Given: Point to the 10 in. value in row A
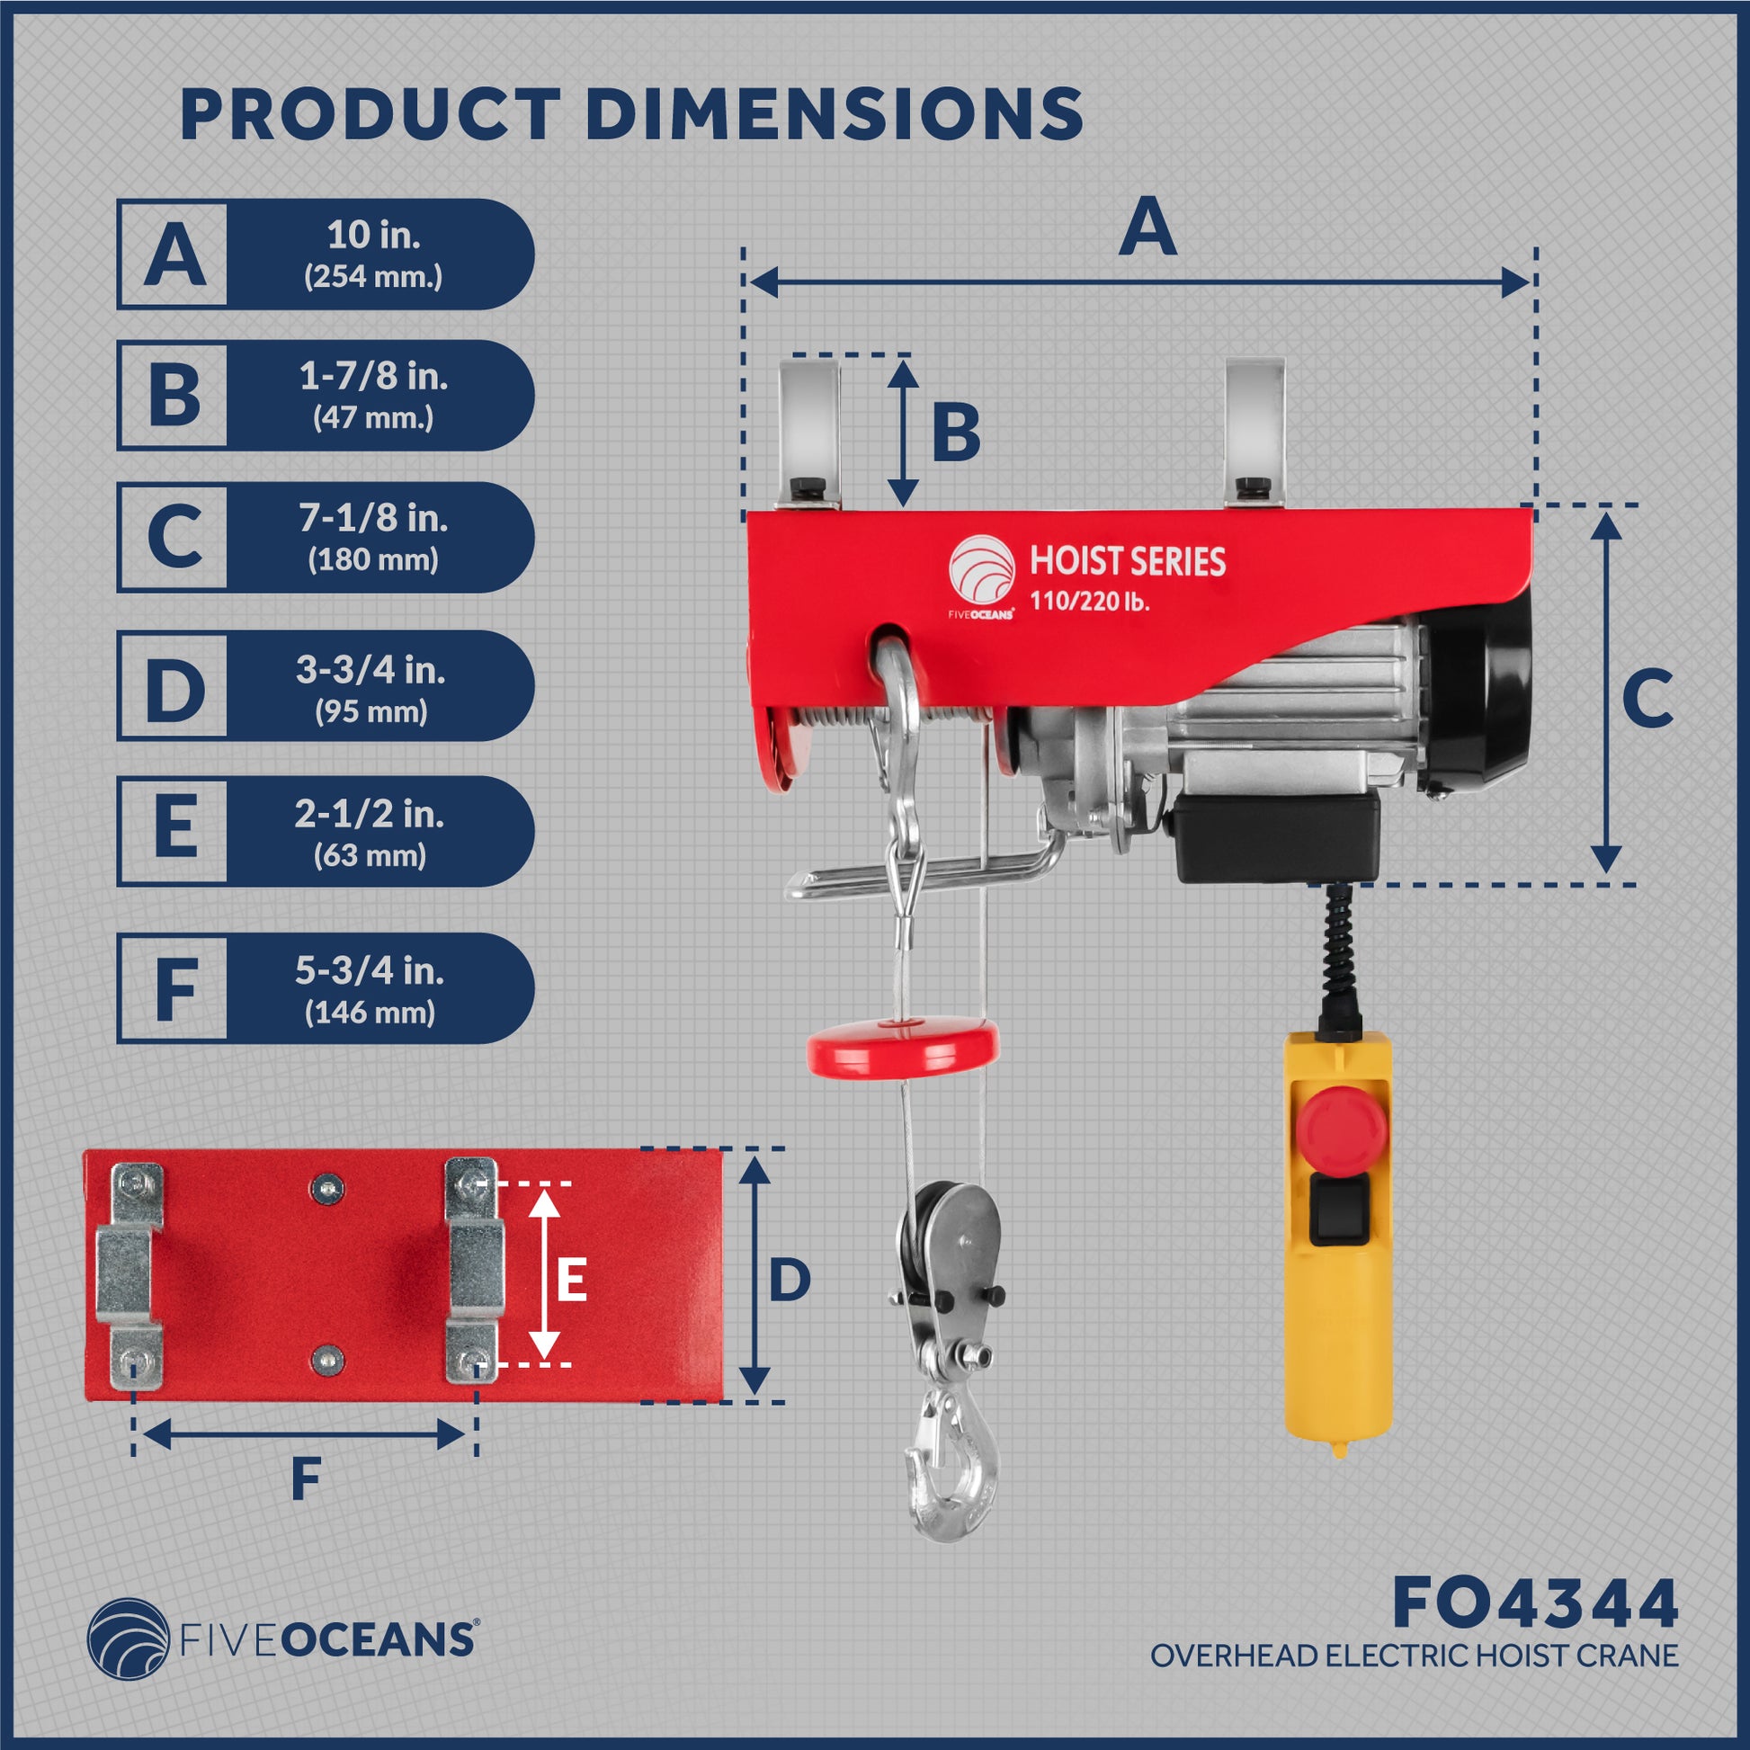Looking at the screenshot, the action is pos(373,236).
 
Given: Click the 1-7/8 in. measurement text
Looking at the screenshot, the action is pos(373,376).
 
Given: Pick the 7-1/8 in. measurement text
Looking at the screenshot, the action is pos(373,518).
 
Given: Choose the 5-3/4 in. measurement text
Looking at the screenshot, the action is pos(370,971).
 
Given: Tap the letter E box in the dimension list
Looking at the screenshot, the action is pos(173,830).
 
